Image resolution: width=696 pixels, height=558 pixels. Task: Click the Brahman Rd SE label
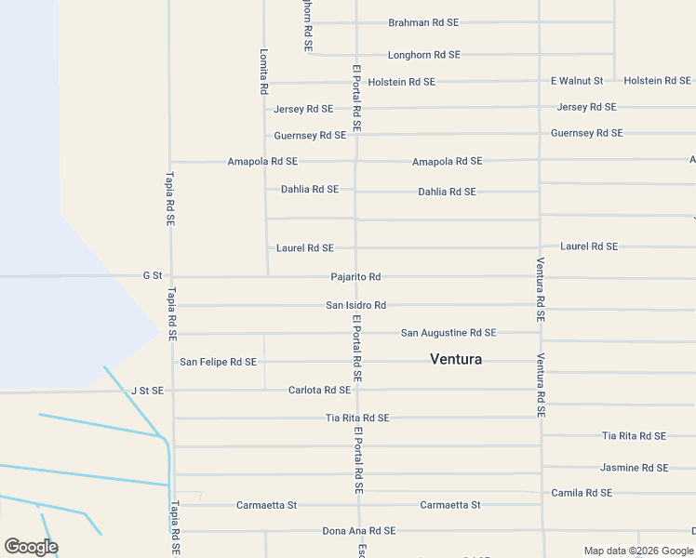click(x=422, y=22)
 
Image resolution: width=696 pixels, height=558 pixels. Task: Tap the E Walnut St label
click(x=577, y=81)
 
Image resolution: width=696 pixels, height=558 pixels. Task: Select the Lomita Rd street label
click(x=263, y=72)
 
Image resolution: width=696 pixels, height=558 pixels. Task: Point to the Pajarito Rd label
click(x=355, y=277)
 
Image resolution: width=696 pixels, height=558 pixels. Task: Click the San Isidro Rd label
click(x=355, y=305)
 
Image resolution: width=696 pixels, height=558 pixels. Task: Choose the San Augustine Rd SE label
click(x=448, y=332)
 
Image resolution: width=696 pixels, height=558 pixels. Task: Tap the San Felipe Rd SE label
click(x=218, y=362)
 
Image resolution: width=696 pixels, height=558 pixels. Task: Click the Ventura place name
click(x=456, y=359)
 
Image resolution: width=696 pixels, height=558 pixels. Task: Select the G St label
click(x=153, y=276)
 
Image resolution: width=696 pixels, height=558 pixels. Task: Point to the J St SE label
click(x=147, y=392)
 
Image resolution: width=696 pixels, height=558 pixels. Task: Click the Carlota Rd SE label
click(x=319, y=391)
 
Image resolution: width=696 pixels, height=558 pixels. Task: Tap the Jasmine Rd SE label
click(x=635, y=468)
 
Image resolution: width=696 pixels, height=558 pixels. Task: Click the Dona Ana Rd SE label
click(x=358, y=531)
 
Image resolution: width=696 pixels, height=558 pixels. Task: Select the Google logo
click(x=31, y=547)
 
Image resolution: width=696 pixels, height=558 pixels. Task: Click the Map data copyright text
click(x=638, y=551)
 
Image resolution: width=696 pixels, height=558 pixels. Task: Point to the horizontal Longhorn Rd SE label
click(x=423, y=55)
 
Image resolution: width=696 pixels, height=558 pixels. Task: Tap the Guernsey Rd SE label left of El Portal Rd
click(x=310, y=136)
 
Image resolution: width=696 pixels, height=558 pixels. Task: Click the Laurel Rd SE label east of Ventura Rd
click(x=589, y=246)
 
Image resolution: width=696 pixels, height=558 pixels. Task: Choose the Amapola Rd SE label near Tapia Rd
click(x=262, y=162)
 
